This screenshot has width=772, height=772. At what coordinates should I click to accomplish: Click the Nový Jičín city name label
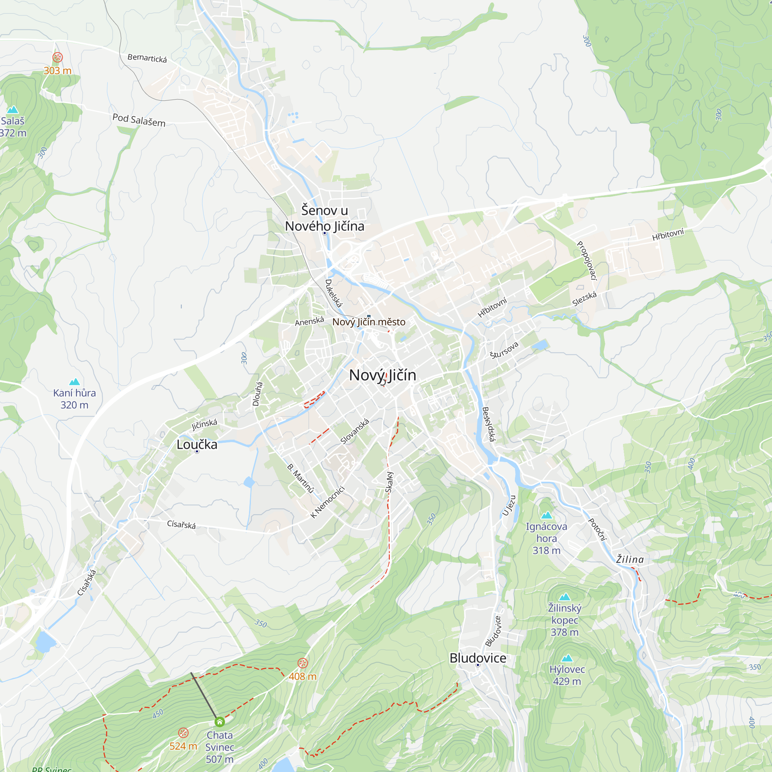pos(383,375)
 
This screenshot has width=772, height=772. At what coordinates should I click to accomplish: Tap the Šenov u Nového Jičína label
pos(325,218)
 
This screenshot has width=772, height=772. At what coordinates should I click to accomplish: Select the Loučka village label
pos(197,444)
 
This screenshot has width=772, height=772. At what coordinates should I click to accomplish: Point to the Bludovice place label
pos(478,658)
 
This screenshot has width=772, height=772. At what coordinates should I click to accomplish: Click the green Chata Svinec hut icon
pos(220,722)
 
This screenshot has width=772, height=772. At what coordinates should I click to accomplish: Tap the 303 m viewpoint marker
pos(58,57)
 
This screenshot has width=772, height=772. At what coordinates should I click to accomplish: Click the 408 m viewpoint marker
pos(303,663)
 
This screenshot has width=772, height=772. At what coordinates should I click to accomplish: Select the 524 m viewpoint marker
pos(183,733)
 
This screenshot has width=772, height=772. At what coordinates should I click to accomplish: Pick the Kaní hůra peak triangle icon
pos(75,382)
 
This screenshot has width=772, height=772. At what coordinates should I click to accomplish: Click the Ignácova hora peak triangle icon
pos(546,515)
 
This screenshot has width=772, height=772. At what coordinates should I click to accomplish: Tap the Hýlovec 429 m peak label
pos(567,675)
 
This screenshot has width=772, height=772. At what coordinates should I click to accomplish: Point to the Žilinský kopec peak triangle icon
pos(565,597)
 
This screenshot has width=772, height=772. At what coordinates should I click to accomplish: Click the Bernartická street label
pos(147,58)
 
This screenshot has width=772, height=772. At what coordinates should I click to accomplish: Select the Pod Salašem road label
pos(139,120)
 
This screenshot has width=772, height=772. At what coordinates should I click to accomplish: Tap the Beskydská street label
pos(488,424)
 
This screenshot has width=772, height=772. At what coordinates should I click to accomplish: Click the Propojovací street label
pos(587,261)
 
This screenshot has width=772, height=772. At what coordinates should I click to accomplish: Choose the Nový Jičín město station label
pos(369,322)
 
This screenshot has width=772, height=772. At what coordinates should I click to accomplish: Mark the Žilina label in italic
pos(630,559)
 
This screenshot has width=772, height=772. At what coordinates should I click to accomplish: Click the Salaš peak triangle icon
pos(13,110)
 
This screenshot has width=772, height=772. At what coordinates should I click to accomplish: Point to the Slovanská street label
pos(354,432)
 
